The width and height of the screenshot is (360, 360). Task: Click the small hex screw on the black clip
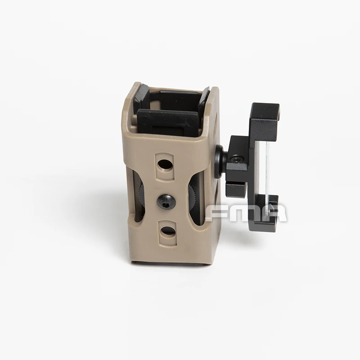(237, 158)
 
